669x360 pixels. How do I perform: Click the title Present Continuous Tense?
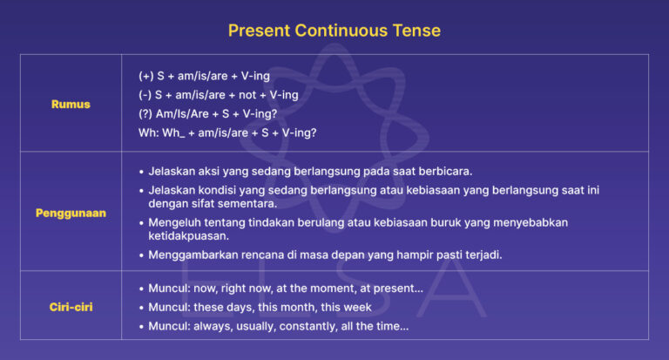click(x=334, y=31)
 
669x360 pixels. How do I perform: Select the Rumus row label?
click(x=71, y=104)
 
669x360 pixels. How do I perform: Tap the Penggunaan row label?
click(x=71, y=213)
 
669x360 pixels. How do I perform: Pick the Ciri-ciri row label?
click(x=71, y=306)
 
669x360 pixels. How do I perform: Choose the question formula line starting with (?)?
click(x=209, y=113)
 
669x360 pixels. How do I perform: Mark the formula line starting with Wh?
click(x=227, y=132)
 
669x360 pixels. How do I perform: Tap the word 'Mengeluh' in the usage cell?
click(x=176, y=222)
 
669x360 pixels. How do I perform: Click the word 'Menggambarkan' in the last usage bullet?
click(x=191, y=255)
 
